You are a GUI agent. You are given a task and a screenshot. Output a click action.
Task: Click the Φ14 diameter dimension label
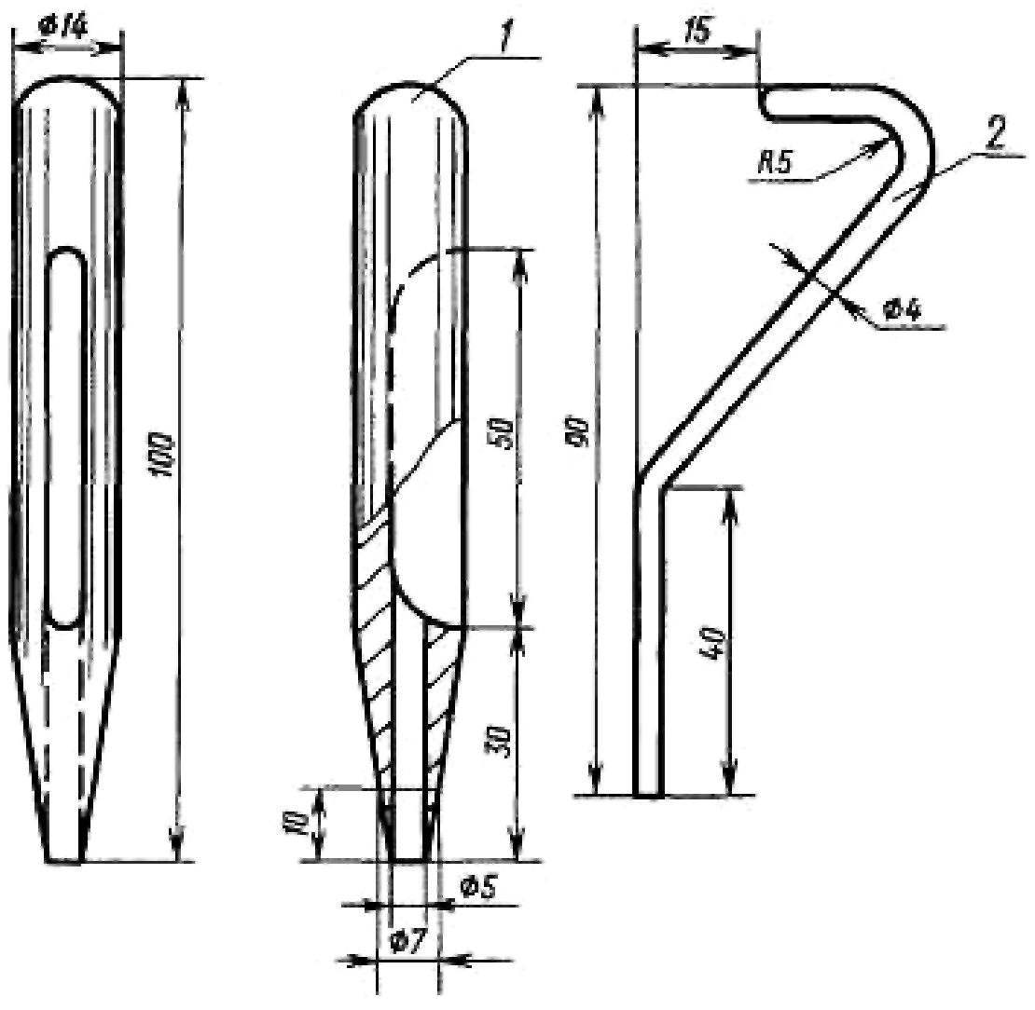click(63, 27)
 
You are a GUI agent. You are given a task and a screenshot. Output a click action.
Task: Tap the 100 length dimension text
click(161, 456)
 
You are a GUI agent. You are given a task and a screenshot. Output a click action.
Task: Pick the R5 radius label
click(774, 161)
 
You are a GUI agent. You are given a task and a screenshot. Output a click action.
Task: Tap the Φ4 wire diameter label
click(903, 308)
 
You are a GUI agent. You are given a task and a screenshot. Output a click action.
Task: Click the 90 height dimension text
click(581, 431)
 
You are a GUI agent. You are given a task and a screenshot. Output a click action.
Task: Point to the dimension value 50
click(504, 433)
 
